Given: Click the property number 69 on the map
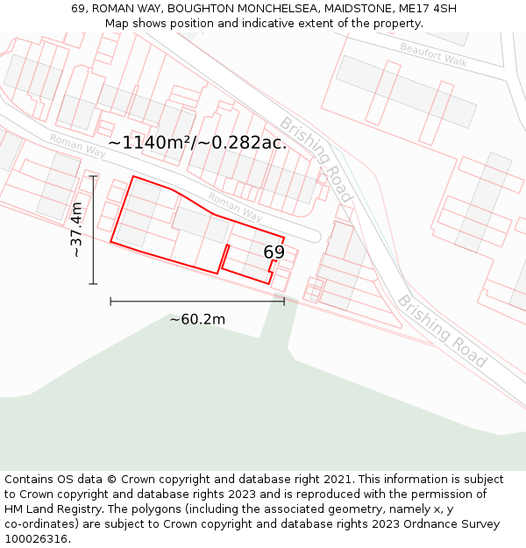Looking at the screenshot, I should click(x=274, y=253).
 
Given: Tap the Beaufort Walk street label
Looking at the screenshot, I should click(x=433, y=53).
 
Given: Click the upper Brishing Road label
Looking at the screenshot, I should click(x=316, y=159).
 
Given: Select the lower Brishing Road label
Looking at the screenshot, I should click(x=442, y=331).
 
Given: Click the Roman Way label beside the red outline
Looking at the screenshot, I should click(x=235, y=207).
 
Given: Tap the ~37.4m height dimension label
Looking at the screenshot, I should click(x=76, y=230).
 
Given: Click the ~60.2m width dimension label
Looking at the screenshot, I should click(x=197, y=319).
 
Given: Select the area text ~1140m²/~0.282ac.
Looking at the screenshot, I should click(x=197, y=142).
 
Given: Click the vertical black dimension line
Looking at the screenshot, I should click(x=93, y=230).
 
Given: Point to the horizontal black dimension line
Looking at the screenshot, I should click(x=197, y=301).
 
